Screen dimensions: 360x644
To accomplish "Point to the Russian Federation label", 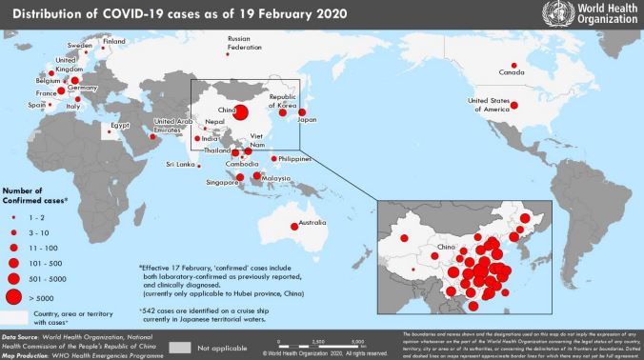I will tap(244, 42).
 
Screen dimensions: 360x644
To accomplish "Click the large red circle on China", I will tap(243, 112).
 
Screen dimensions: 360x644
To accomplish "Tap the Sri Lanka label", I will tap(180, 165).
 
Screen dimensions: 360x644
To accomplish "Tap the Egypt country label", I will tap(120, 125).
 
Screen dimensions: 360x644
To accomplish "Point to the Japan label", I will tap(307, 121).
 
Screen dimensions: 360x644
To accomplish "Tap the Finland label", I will tap(114, 41).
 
